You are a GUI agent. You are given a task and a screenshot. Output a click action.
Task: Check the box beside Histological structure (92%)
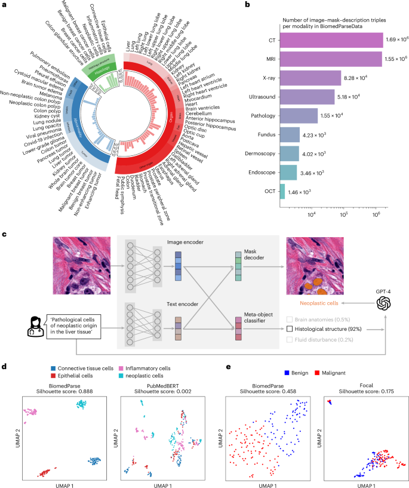290,328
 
